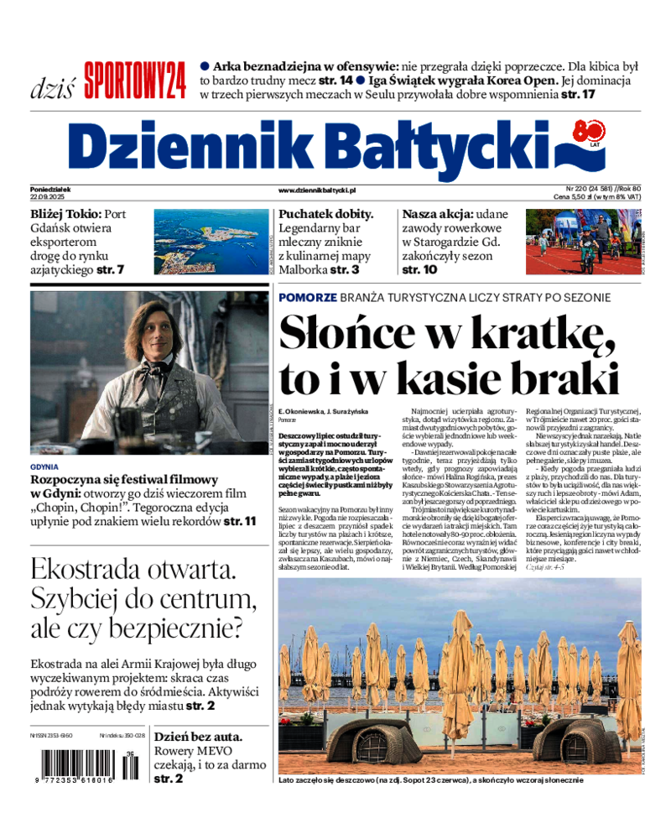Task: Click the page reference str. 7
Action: [x=110, y=270]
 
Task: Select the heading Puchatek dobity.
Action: [x=325, y=214]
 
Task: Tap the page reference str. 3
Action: [x=344, y=270]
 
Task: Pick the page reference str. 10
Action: [x=419, y=270]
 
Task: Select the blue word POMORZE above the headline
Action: [x=308, y=298]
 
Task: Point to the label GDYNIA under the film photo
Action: [x=44, y=466]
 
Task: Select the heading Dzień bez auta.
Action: [x=199, y=737]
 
